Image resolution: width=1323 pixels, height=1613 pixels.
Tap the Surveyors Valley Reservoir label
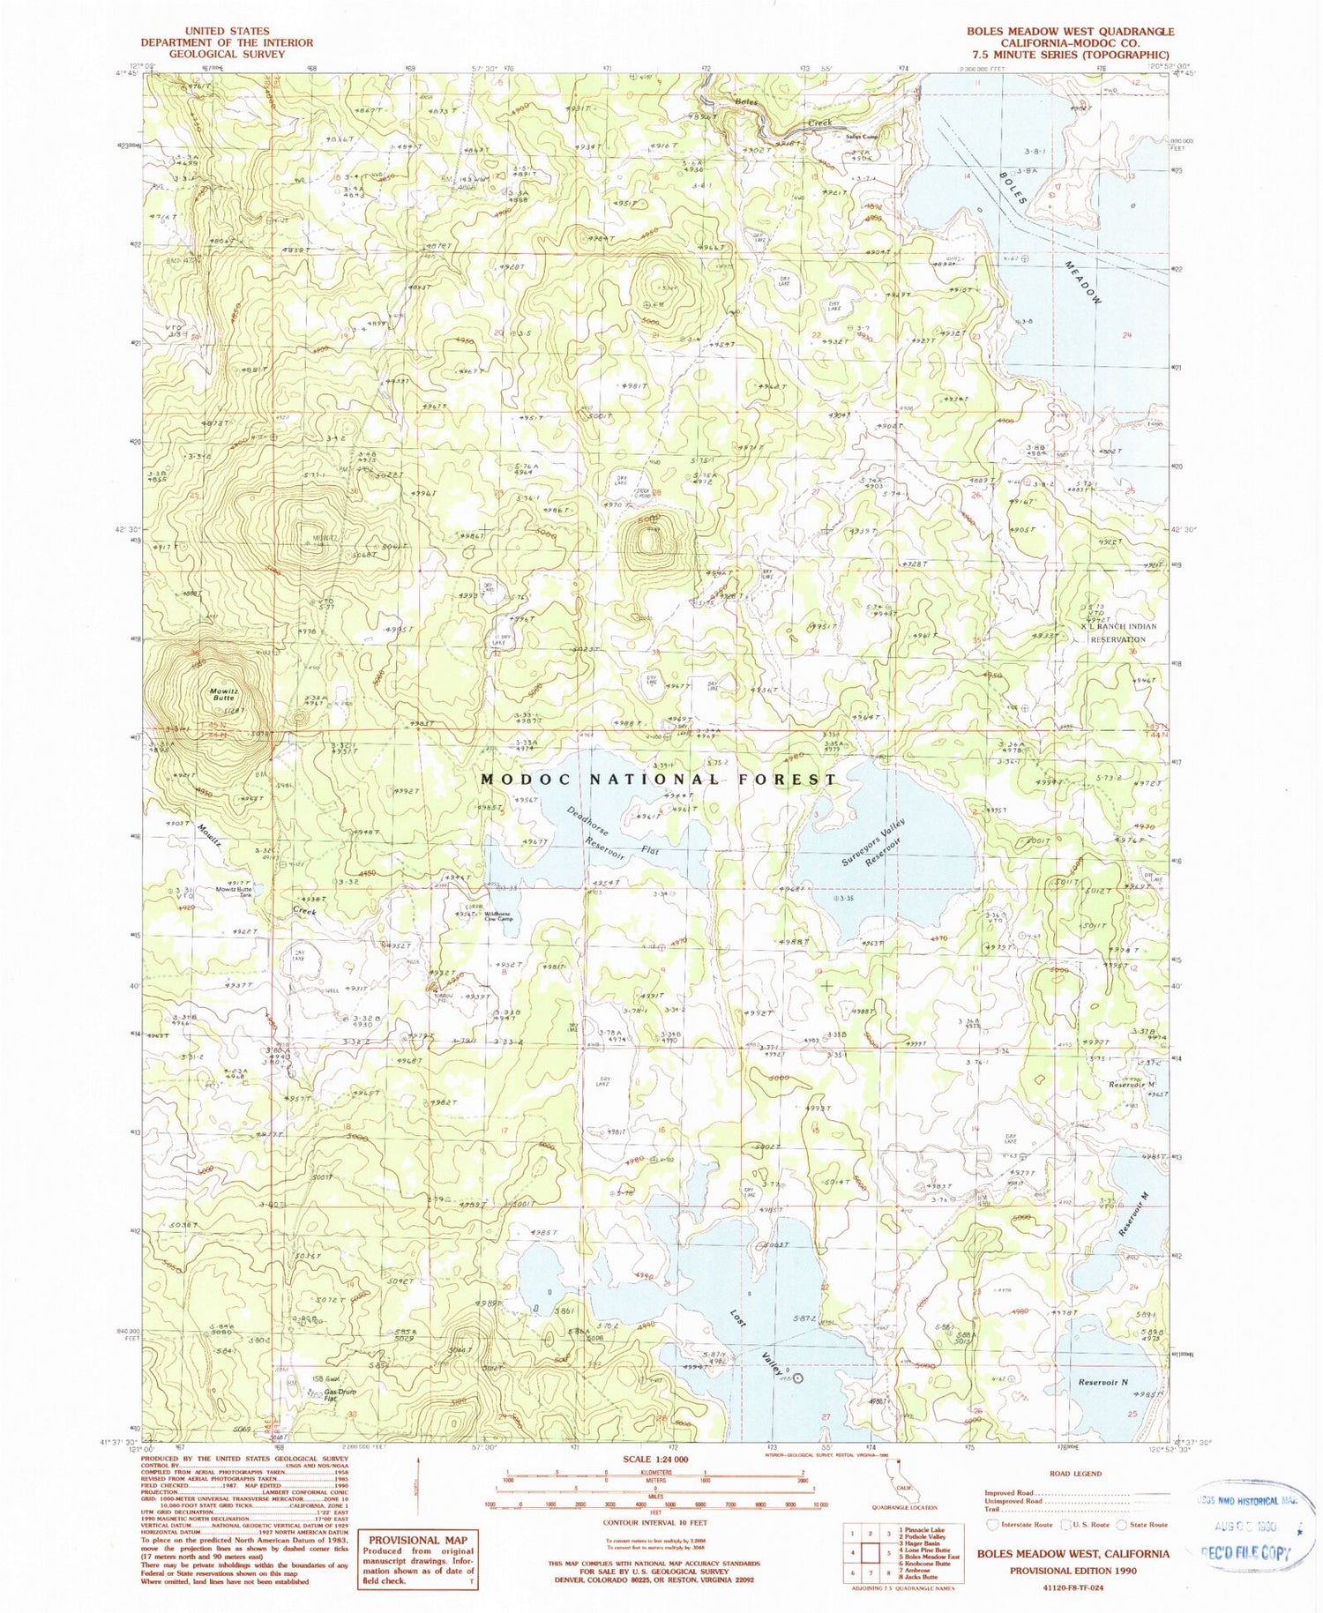[873, 841]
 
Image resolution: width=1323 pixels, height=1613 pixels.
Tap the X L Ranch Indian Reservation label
[1117, 632]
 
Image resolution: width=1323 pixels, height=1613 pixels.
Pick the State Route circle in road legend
[1121, 1524]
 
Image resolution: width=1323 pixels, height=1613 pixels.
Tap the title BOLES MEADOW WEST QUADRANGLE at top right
[1070, 31]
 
